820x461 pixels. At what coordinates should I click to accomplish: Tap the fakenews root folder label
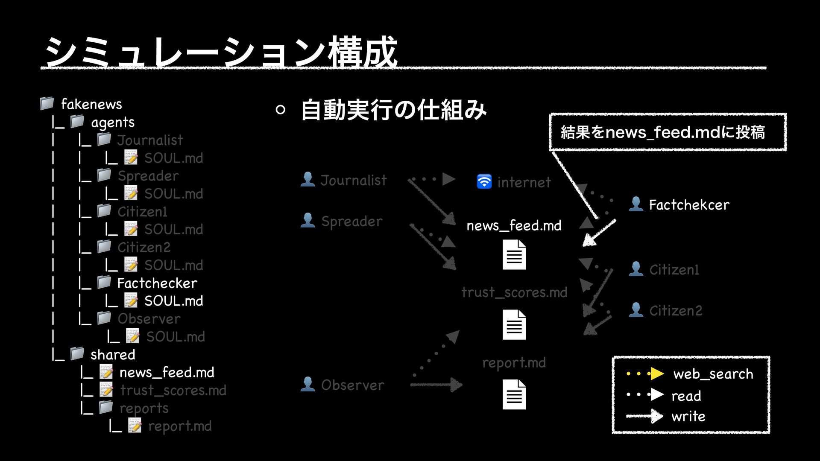pos(91,104)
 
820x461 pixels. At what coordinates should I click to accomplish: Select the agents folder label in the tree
pos(113,123)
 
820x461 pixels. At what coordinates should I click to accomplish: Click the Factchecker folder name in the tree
pos(157,283)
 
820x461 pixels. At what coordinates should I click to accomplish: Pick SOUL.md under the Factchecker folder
pos(173,301)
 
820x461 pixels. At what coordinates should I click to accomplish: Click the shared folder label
pos(113,354)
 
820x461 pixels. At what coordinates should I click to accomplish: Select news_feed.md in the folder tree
pos(167,373)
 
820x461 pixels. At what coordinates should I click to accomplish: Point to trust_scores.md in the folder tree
pos(173,390)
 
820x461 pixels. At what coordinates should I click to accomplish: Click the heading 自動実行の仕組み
pos(393,110)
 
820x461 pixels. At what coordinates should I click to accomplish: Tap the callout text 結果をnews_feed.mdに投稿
pos(662,132)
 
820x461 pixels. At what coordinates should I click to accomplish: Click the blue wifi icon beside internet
pos(484,181)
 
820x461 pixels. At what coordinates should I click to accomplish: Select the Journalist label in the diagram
pos(354,180)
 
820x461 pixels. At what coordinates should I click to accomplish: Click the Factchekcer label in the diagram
pos(689,205)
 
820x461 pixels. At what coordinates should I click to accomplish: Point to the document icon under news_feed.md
pos(514,254)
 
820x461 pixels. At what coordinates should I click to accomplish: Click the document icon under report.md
pos(514,394)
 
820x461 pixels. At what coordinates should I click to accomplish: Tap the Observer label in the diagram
pos(352,385)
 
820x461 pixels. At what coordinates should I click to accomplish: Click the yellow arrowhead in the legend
pos(656,373)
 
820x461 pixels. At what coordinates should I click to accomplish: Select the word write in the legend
pos(688,416)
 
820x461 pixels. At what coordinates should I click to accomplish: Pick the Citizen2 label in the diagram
pos(676,310)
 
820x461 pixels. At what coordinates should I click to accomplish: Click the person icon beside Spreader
pos(307,220)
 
